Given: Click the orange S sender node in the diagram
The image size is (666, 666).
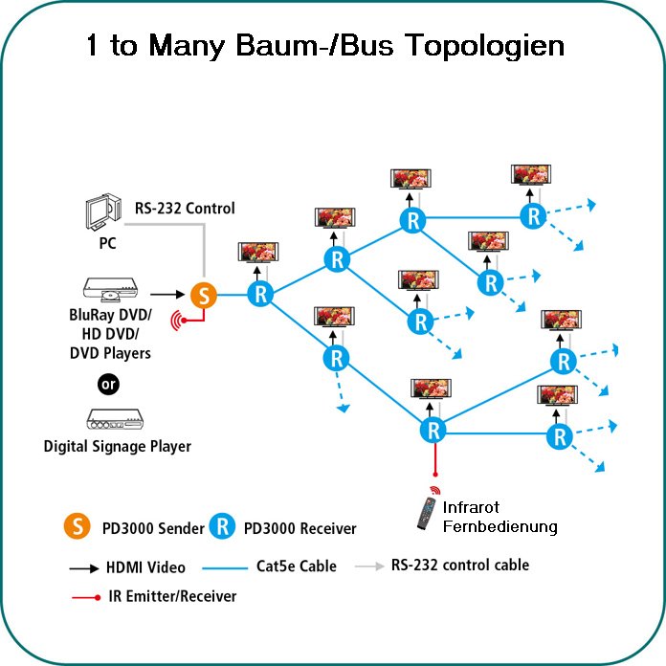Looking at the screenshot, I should click(x=203, y=296).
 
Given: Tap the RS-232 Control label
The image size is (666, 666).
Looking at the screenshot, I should click(x=184, y=209).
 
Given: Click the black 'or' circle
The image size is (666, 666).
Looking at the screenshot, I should click(x=108, y=385).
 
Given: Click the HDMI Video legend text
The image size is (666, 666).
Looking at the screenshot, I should click(x=146, y=567).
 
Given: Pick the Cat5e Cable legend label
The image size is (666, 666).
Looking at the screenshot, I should click(x=297, y=566).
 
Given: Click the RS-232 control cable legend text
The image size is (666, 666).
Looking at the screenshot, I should click(x=459, y=565).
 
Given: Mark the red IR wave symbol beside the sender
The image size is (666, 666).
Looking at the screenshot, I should click(x=177, y=319).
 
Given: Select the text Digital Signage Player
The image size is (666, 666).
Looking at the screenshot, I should click(x=117, y=446).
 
